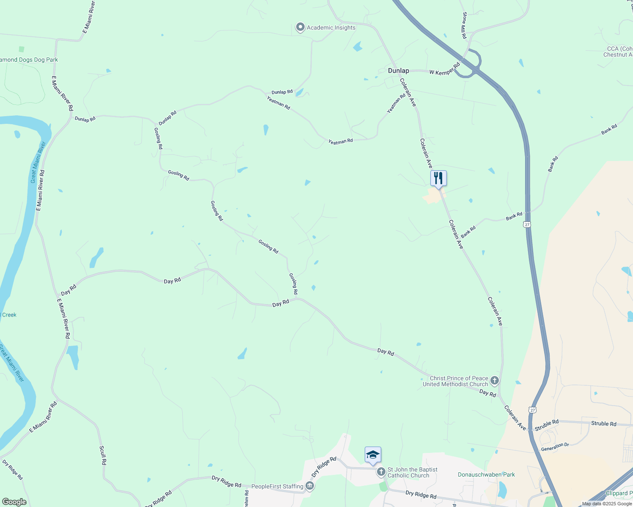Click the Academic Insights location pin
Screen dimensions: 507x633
(300, 27)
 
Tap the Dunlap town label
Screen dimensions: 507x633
(399, 71)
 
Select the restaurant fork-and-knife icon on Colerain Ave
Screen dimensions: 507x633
(438, 178)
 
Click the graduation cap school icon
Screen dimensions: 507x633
(373, 455)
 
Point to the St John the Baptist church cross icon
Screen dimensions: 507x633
(381, 472)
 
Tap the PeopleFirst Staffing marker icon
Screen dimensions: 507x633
(310, 486)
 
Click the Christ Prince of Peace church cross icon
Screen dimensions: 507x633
(494, 381)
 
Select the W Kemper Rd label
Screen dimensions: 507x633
(444, 70)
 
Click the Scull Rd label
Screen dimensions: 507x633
(102, 455)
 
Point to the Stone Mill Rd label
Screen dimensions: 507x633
(465, 25)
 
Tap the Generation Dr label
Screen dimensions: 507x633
(555, 447)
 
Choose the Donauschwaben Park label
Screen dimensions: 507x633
(486, 474)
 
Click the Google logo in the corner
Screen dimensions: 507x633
(14, 502)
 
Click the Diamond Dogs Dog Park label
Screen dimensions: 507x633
(29, 60)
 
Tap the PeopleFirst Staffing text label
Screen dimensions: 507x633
(277, 486)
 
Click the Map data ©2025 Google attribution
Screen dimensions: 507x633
(607, 504)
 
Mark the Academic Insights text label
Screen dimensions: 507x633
(331, 28)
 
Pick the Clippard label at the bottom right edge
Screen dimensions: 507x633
(619, 493)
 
